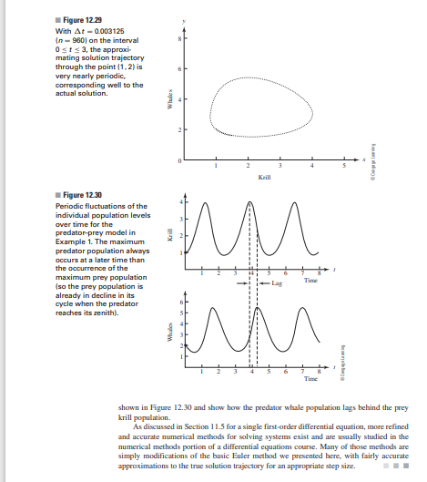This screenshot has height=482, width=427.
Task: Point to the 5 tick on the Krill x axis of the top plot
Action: (x=345, y=167)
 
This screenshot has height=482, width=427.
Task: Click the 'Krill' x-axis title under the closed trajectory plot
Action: (x=265, y=177)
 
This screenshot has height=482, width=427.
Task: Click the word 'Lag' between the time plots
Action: (x=280, y=283)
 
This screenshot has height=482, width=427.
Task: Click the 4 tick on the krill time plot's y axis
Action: (x=179, y=201)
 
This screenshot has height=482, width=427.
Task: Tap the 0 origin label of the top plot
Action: (x=179, y=161)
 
